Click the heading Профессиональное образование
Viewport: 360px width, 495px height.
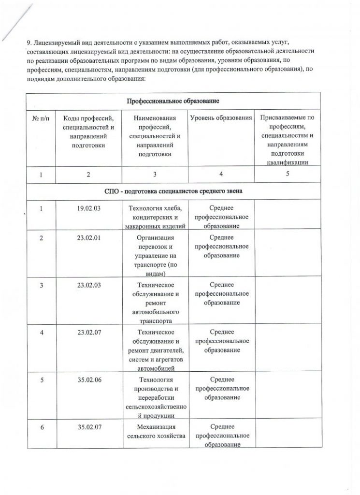173,101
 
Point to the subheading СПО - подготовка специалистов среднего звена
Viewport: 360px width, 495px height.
173,191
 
